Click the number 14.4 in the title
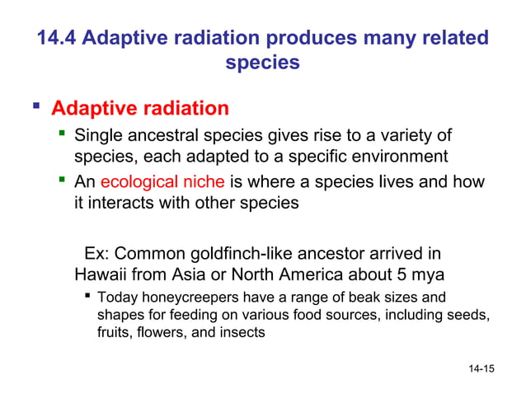tap(58, 39)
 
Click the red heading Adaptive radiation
tap(140, 109)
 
